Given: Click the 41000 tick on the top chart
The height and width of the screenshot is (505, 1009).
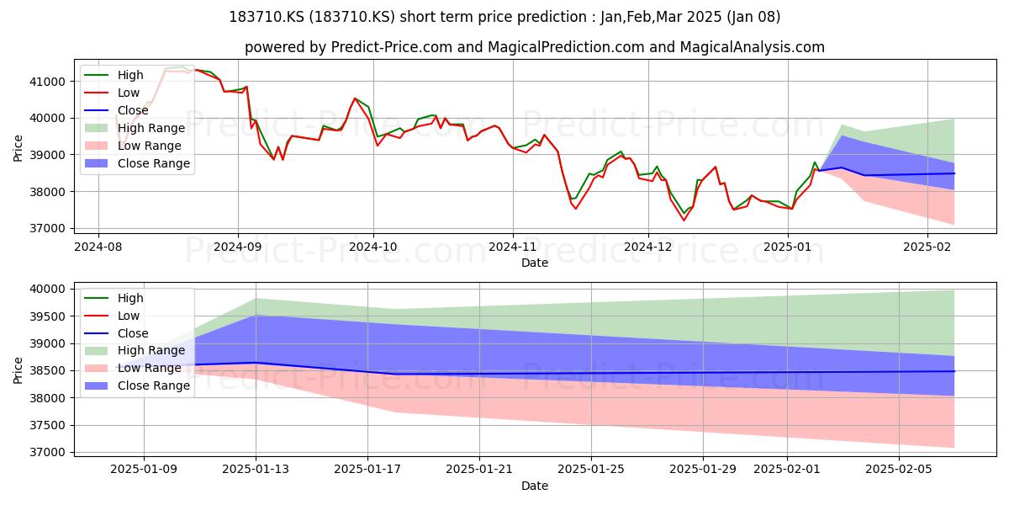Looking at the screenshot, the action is tap(47, 82).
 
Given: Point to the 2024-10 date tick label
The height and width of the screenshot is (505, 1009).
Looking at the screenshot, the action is tap(373, 247).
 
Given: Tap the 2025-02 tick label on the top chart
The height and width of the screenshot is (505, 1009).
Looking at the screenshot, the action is tap(927, 247).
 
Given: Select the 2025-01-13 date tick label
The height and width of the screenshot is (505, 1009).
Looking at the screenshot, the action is tap(256, 470).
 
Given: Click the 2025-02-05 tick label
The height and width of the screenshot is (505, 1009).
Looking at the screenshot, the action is tap(899, 470).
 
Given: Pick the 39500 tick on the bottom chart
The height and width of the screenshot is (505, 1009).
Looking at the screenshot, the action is tap(47, 316).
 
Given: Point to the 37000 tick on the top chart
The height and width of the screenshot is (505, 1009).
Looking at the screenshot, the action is tap(47, 229).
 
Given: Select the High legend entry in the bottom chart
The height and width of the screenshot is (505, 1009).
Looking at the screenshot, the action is tap(114, 298).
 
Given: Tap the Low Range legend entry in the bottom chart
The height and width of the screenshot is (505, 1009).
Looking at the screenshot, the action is tap(133, 368).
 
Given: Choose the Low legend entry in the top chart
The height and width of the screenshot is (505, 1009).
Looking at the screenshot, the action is tap(112, 93).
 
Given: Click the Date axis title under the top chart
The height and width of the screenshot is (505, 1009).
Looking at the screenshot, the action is tap(535, 263).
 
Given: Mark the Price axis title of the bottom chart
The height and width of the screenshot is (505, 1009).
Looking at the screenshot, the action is tap(18, 370).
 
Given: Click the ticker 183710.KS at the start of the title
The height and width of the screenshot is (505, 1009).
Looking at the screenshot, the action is tap(267, 17).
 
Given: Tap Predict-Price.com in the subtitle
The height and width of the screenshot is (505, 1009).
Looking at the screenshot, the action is tap(392, 47).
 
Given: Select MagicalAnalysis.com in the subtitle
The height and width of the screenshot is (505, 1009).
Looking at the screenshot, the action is tap(752, 47).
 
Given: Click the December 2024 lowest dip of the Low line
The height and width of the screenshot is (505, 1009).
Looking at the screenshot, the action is tap(684, 221).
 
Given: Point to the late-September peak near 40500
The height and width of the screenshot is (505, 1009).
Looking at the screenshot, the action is tap(355, 98).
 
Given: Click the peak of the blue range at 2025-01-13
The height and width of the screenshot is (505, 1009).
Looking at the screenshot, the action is tap(256, 315).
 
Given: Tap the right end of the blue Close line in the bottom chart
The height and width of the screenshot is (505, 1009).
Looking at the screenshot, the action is tap(954, 371).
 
